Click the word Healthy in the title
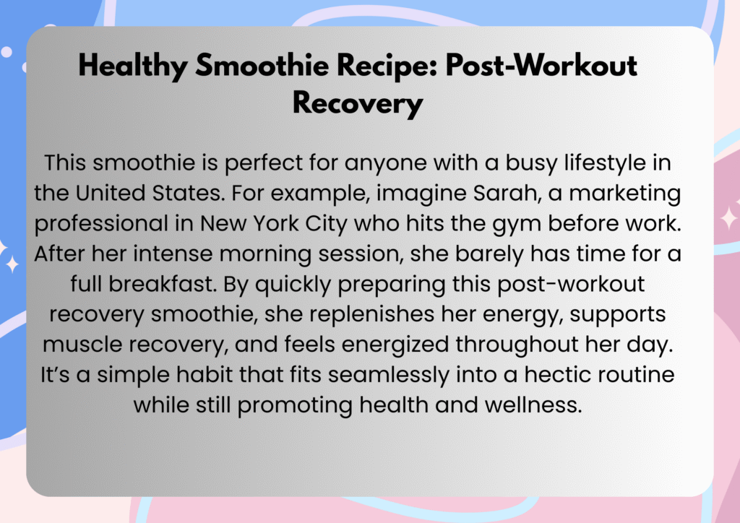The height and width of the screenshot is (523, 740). coord(133,66)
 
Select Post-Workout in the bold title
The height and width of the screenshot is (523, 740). coord(541,65)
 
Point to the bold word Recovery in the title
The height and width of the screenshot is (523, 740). coord(358,103)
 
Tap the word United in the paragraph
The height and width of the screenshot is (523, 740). coord(110,193)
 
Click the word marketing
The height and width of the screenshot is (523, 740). coord(625,194)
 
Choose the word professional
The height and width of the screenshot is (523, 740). coord(101,223)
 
